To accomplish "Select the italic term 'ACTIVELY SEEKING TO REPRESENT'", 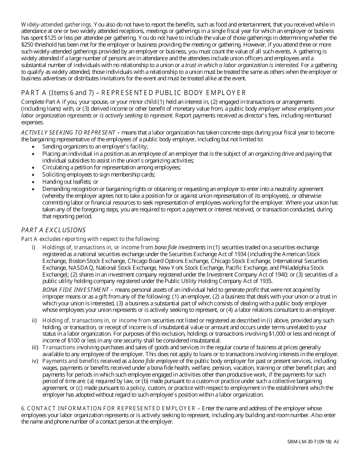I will tap(68, 133).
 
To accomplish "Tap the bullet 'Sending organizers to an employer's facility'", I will tap(95, 147).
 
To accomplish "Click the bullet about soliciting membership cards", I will tap(99, 175).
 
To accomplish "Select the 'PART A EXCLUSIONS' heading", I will tap(53, 230).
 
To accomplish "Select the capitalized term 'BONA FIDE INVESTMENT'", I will tap(75, 290).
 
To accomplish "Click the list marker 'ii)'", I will tap(34, 321).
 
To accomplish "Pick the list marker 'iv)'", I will tap(34, 361).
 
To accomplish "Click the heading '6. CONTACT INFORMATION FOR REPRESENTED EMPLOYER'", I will tap(108, 408).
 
